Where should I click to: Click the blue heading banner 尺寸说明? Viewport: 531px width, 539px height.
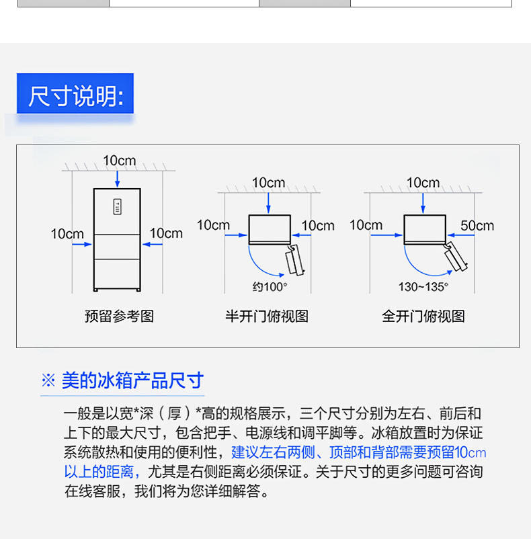(x=75, y=93)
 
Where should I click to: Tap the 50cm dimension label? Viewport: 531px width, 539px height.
(x=477, y=226)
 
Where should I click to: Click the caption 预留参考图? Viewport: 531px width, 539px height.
(x=119, y=317)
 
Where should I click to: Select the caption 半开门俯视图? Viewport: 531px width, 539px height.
(x=267, y=317)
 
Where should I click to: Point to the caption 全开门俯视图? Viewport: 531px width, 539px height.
(x=423, y=317)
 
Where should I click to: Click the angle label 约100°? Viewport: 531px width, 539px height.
(x=270, y=287)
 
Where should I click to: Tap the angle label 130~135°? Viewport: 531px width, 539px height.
(x=423, y=287)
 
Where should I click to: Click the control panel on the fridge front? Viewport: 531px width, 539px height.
(x=117, y=207)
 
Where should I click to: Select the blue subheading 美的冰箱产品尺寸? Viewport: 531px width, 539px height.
(x=132, y=380)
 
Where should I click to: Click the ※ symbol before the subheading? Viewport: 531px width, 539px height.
(x=48, y=380)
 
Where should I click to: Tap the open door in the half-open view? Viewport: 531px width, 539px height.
(x=295, y=260)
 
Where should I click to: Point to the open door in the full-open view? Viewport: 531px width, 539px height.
(x=456, y=257)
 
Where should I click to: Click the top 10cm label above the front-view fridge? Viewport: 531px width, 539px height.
(x=119, y=161)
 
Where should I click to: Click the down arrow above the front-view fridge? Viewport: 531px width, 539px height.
(x=117, y=179)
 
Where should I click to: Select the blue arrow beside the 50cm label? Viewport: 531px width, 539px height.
(x=461, y=235)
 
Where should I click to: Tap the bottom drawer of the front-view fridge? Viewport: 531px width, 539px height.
(x=117, y=274)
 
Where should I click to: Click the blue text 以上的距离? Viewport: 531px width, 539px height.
(x=99, y=472)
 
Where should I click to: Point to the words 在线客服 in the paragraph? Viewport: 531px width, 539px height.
(x=93, y=491)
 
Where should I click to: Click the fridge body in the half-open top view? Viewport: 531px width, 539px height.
(x=270, y=229)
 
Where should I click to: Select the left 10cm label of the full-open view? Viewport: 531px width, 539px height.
(x=366, y=225)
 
